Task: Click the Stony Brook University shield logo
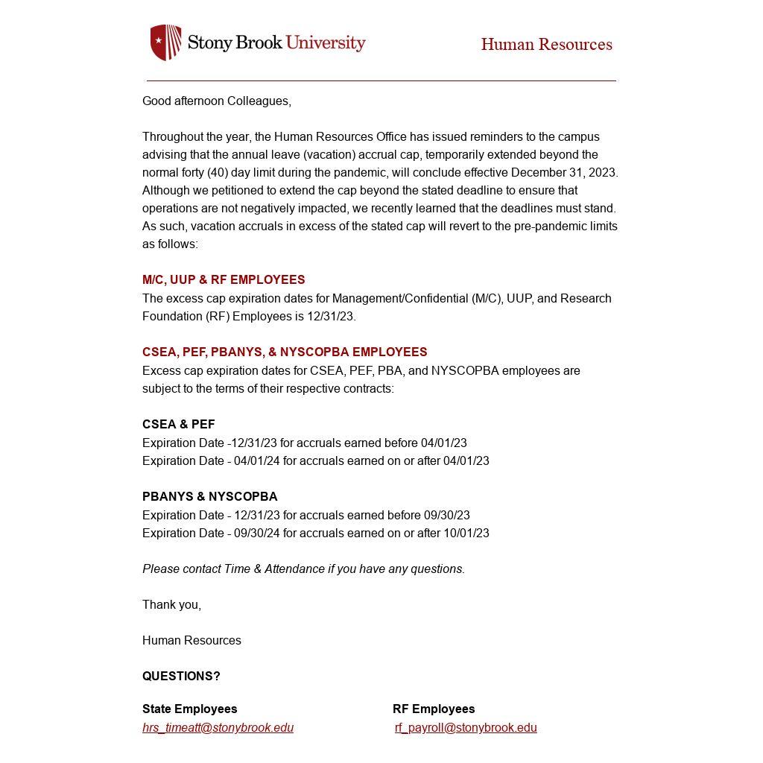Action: coord(165,42)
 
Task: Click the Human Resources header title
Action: coord(546,45)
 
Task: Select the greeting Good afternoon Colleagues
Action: coord(216,101)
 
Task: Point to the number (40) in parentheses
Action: coord(217,173)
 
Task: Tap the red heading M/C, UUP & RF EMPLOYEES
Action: coord(224,280)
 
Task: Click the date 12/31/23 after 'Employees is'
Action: coord(331,317)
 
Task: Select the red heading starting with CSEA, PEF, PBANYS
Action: coord(285,352)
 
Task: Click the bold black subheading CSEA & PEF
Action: coord(178,425)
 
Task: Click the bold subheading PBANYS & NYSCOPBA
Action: coord(209,497)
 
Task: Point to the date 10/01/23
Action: coord(466,534)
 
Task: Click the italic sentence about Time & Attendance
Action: coord(303,569)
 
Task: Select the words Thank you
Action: coord(171,605)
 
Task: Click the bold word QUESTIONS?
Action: coord(181,677)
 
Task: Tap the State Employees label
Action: coord(189,709)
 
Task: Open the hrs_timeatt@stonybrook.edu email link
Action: coord(218,728)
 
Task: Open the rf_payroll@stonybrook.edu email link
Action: coord(466,728)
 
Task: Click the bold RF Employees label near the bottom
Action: coord(434,709)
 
